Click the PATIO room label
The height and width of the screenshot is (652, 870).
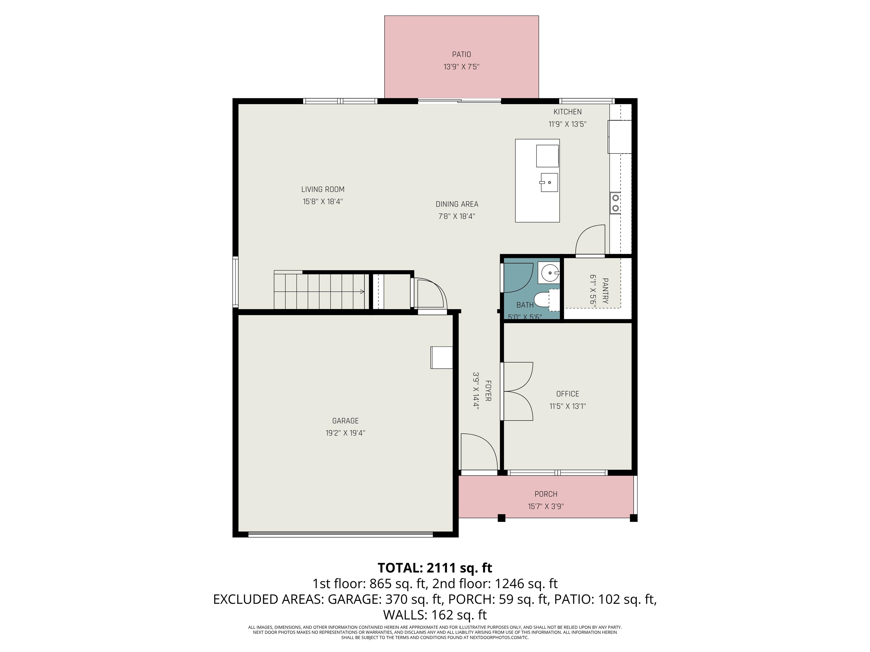[461, 55]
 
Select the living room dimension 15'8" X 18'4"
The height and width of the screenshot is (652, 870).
[323, 201]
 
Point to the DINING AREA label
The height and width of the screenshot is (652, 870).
[457, 204]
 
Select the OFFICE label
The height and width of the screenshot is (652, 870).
[568, 394]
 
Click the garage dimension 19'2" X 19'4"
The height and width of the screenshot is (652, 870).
[345, 433]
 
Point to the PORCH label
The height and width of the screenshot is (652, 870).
[546, 494]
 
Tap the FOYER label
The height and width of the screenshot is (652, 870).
[488, 391]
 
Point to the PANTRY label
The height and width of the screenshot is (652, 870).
[605, 291]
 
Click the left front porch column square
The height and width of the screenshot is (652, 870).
[502, 518]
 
